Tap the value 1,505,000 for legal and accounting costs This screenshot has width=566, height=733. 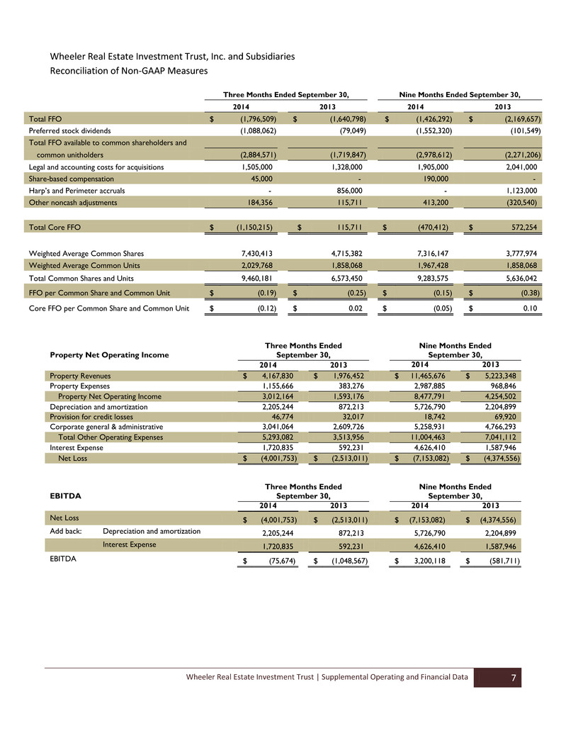[x=254, y=167]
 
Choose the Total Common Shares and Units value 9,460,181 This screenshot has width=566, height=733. [x=254, y=277]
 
